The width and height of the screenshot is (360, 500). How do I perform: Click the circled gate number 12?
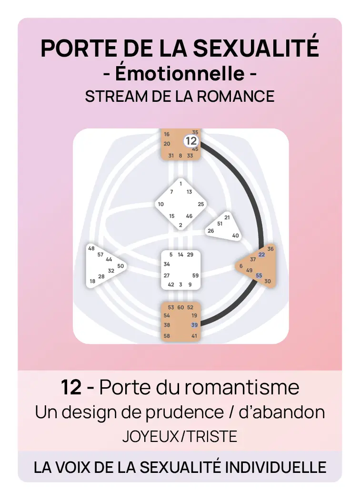click(191, 141)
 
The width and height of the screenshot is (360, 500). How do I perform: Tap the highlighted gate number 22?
click(262, 255)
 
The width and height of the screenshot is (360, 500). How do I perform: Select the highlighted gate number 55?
click(259, 275)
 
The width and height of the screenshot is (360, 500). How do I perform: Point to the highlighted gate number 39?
click(194, 325)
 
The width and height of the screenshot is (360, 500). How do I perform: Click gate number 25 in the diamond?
click(201, 204)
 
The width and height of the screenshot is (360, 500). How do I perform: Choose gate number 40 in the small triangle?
click(236, 235)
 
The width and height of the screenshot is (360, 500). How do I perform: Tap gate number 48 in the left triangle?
click(91, 248)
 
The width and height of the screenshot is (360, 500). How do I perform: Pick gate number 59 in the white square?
click(195, 275)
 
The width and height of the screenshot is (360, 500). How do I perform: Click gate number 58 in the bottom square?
click(167, 336)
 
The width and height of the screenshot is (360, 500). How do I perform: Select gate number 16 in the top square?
click(167, 134)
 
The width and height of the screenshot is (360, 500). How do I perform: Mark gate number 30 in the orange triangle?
click(268, 281)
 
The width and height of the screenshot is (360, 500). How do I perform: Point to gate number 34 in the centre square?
click(167, 264)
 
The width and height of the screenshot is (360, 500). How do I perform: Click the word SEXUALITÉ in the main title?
click(256, 48)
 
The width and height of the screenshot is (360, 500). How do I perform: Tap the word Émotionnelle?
click(180, 73)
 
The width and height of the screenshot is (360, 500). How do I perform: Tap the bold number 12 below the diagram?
click(71, 387)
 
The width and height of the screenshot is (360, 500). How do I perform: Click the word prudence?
click(185, 412)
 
